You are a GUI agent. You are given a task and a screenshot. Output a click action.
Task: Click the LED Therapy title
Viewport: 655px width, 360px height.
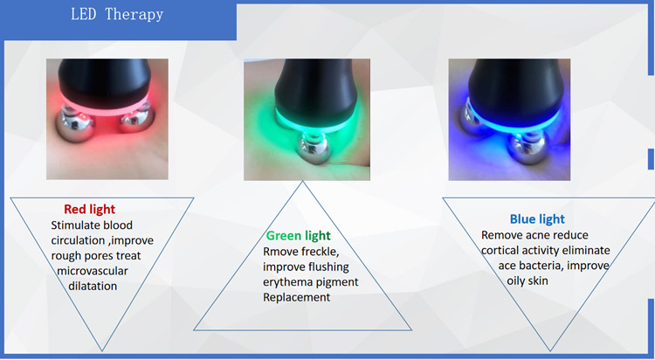(x=116, y=16)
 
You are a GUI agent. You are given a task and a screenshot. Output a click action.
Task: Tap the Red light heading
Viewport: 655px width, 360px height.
(x=89, y=210)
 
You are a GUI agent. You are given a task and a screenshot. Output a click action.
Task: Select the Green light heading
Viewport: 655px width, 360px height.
(x=298, y=236)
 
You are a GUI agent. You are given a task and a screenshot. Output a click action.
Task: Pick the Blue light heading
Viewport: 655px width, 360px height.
(x=537, y=219)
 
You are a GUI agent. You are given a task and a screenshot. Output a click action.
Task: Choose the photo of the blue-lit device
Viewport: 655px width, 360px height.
(x=508, y=115)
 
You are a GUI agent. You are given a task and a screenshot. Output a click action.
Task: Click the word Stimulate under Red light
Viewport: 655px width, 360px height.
(x=81, y=226)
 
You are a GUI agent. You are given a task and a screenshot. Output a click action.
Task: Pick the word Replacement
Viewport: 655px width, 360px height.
(x=296, y=297)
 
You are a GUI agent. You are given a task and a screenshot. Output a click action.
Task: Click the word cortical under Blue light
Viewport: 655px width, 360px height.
(x=502, y=251)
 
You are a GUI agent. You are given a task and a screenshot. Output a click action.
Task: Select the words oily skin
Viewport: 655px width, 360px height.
(x=529, y=280)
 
